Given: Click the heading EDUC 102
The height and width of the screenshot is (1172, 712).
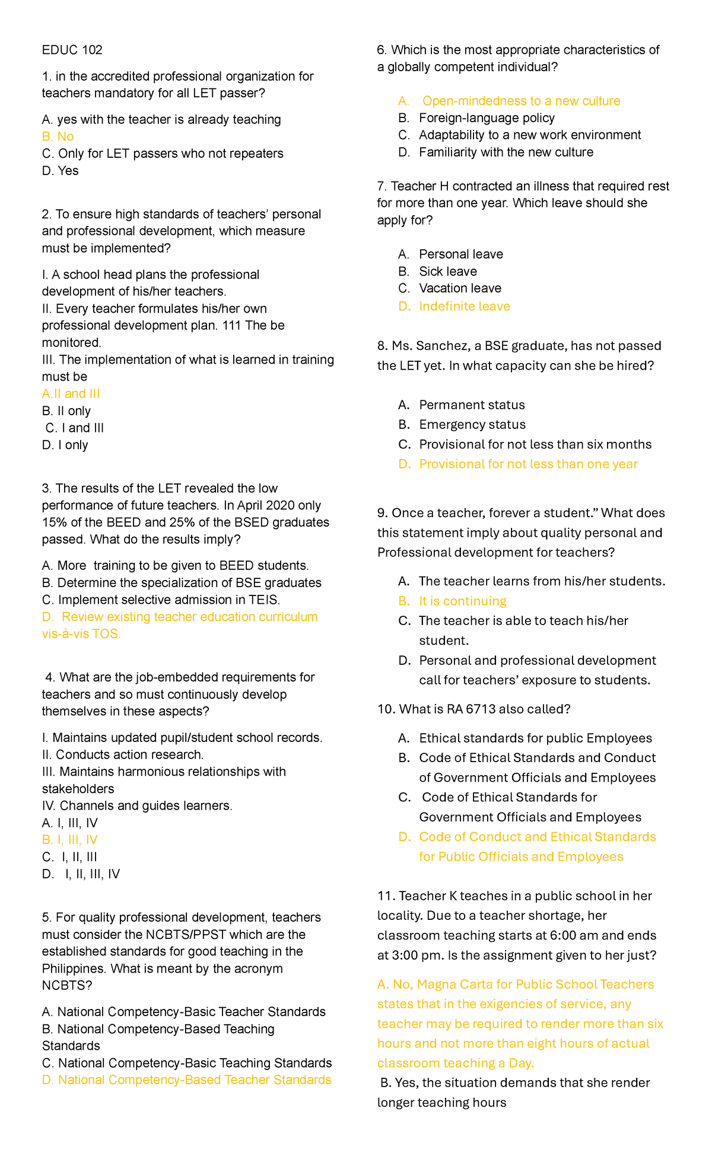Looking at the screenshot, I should tap(72, 50).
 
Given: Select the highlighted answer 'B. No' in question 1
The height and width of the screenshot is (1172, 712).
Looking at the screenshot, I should tap(58, 136).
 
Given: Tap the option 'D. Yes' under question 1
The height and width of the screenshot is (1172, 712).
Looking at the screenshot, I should tap(60, 171).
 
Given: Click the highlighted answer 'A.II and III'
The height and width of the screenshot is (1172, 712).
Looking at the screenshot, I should tap(71, 394).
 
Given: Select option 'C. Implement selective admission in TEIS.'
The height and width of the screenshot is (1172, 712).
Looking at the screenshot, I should tap(161, 600).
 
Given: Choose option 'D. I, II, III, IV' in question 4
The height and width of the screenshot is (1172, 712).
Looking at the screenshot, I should tap(81, 874).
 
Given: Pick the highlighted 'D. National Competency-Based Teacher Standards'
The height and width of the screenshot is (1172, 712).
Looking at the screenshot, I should tap(186, 1079).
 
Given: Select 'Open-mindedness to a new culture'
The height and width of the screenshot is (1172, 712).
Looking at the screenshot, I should tap(521, 101).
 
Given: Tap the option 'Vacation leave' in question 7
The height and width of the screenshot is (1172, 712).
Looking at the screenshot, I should tap(460, 288).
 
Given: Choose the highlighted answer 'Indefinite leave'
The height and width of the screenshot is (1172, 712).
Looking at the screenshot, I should tap(464, 306).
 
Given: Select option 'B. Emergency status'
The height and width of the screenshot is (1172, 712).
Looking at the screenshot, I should tap(472, 425).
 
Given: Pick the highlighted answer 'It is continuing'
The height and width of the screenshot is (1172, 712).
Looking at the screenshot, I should tap(462, 601).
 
